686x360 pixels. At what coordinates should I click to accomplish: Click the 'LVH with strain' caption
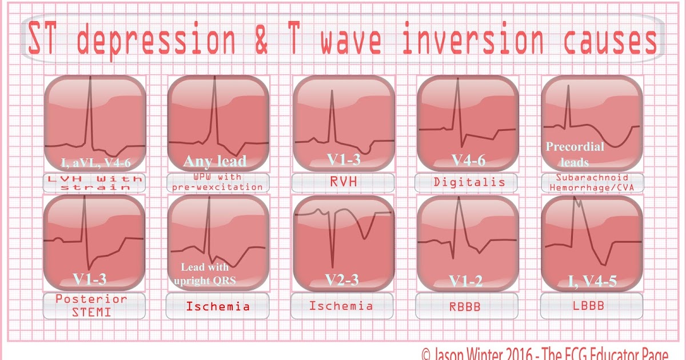coord(95,183)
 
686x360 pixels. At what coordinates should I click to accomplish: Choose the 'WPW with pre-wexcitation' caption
coord(218,183)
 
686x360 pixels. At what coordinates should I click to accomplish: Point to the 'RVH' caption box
coord(342,183)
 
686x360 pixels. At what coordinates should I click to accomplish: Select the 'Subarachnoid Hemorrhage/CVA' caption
coord(592,183)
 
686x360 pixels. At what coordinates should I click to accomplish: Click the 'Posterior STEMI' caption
coord(95,304)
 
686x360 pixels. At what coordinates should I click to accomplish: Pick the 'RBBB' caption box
coord(467,306)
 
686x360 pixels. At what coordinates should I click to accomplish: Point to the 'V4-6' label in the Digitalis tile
coord(467,161)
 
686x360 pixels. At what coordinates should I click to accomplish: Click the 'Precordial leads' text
coord(575,154)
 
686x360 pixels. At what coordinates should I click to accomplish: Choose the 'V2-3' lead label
coord(342,279)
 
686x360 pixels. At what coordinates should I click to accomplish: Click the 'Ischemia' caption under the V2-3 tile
coord(341,306)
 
